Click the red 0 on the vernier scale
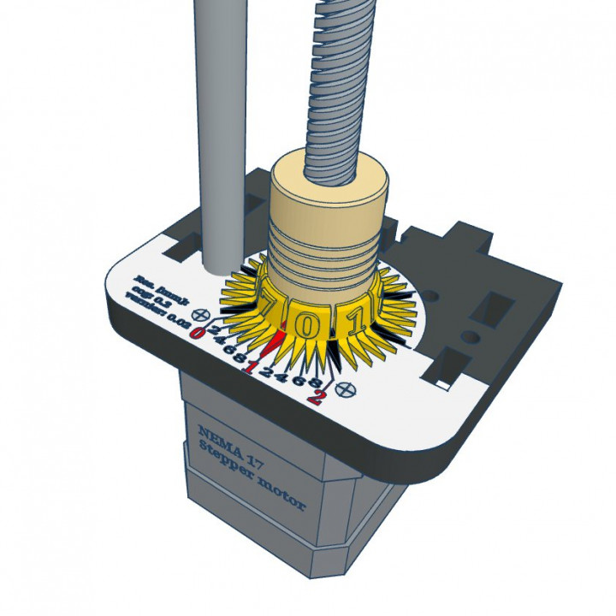[x=198, y=332]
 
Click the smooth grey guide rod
[x=217, y=128]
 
